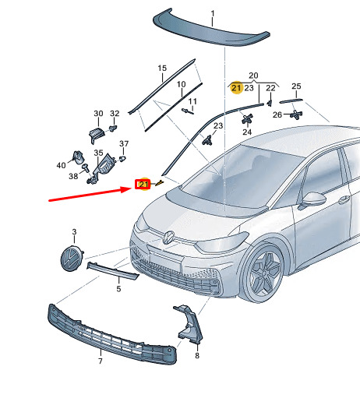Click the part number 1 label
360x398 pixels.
point(213,13)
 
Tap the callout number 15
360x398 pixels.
point(162,68)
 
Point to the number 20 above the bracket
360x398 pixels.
point(253,76)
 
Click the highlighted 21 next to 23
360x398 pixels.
point(236,88)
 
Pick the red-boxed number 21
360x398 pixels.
point(143,184)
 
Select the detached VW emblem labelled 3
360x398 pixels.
point(71,259)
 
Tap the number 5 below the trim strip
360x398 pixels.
point(118,289)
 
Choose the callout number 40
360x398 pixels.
point(61,165)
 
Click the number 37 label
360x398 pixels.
point(124,143)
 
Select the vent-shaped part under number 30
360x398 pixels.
point(97,135)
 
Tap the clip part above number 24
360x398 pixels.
point(247,119)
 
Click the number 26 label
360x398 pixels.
point(277,114)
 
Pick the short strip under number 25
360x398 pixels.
point(291,100)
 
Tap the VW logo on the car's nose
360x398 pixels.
point(168,238)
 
